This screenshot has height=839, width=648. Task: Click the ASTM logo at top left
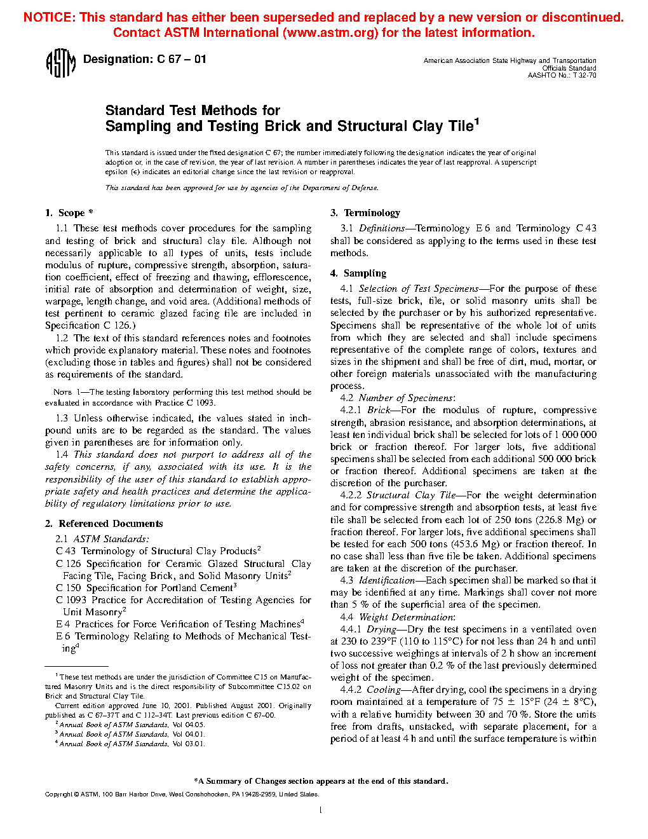[x=60, y=64]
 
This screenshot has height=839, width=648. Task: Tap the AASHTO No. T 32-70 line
[x=562, y=76]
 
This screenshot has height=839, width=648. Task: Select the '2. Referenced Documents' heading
[x=104, y=524]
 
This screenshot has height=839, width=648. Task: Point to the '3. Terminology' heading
[x=365, y=213]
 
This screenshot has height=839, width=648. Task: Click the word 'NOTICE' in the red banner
[x=48, y=17]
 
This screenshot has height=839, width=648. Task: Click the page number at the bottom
[x=321, y=810]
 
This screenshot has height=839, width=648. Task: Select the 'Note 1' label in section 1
[x=62, y=392]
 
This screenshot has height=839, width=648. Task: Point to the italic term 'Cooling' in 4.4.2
[x=383, y=690]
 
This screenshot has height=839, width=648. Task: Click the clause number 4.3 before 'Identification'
[x=346, y=580]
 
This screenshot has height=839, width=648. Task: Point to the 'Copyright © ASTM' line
[x=71, y=795]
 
